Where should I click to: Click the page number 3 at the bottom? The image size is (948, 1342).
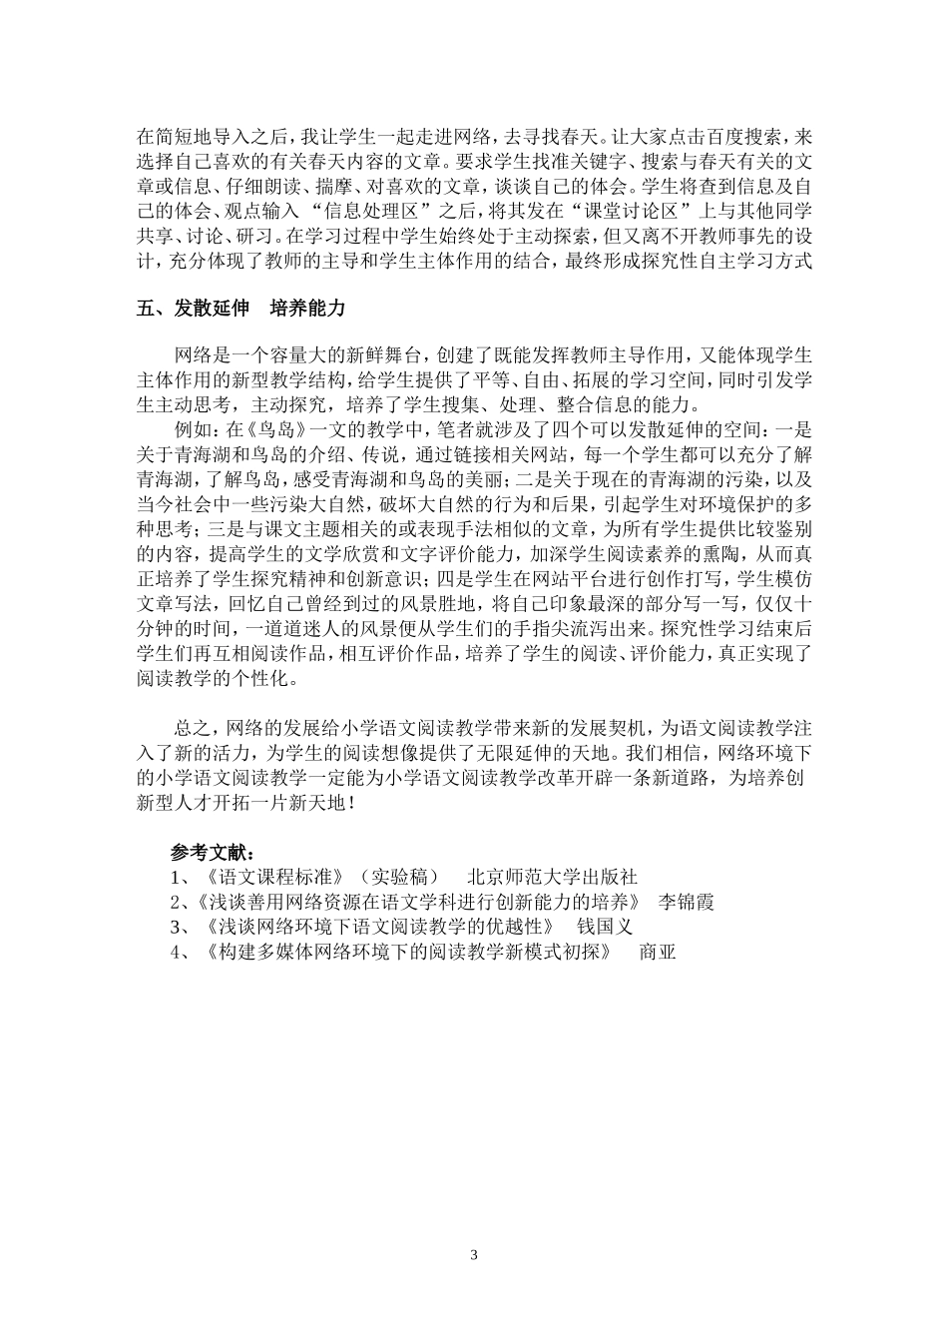click(474, 1254)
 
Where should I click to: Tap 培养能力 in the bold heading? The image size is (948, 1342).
click(307, 309)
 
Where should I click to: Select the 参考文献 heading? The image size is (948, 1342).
click(212, 854)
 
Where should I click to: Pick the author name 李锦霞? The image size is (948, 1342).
click(688, 902)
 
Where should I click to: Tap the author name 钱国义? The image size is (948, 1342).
click(606, 927)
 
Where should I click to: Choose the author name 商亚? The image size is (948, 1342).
click(658, 952)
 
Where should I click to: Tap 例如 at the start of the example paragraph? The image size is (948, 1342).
click(194, 429)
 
